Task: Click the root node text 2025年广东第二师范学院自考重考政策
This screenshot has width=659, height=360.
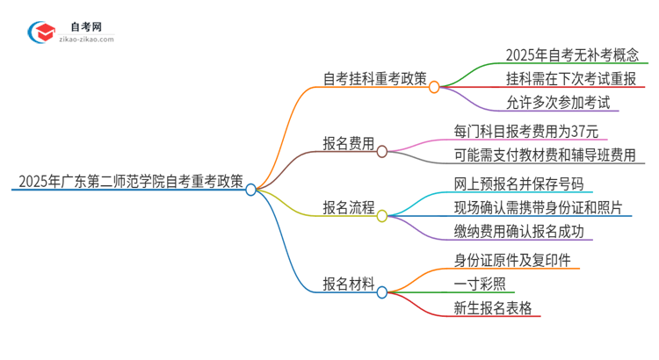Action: point(129,183)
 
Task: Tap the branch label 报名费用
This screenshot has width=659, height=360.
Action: point(348,143)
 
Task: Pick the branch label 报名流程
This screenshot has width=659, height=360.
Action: point(348,208)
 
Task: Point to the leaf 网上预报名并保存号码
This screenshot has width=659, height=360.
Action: point(518,184)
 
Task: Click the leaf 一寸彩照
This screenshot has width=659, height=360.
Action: point(479,284)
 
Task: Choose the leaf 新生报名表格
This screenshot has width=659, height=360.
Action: point(492,307)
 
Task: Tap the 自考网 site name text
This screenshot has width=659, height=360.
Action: point(87,27)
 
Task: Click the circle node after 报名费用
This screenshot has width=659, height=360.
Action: point(382,151)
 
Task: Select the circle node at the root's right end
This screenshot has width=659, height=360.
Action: point(251,189)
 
